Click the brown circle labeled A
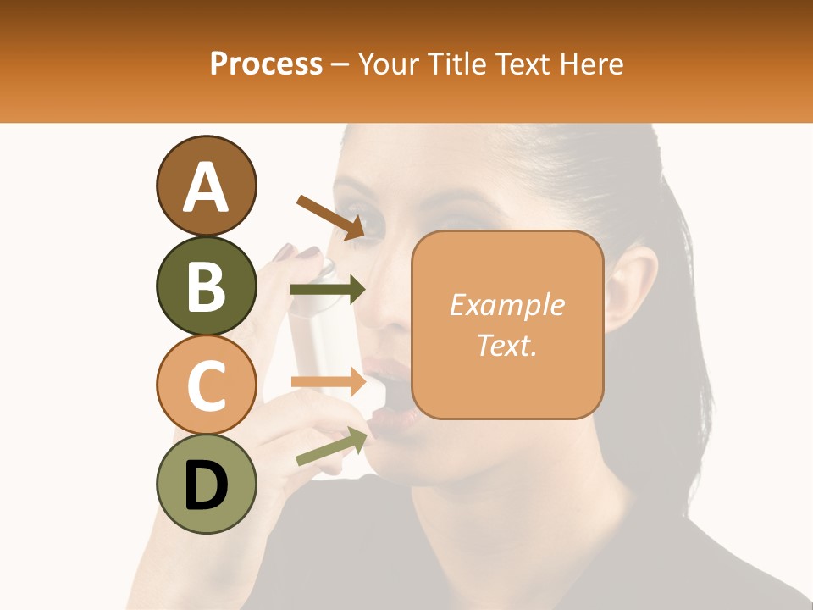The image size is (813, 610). (206, 186)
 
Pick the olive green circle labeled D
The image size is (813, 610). (206, 484)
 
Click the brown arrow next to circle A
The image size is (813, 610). (330, 216)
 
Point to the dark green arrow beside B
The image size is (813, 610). (328, 290)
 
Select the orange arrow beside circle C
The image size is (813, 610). (328, 382)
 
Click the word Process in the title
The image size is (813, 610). (266, 64)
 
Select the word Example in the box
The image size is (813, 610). (506, 305)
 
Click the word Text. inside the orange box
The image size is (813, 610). (506, 345)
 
